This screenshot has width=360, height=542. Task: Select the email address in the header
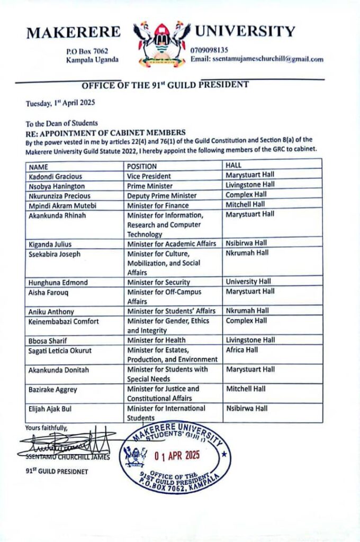pos(257,59)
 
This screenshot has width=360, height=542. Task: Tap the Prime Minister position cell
pos(150,186)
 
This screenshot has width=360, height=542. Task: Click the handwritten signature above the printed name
pos(64,441)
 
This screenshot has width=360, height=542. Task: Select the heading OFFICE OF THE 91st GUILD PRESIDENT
pos(165,85)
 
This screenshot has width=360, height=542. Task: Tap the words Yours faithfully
pos(46,427)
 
